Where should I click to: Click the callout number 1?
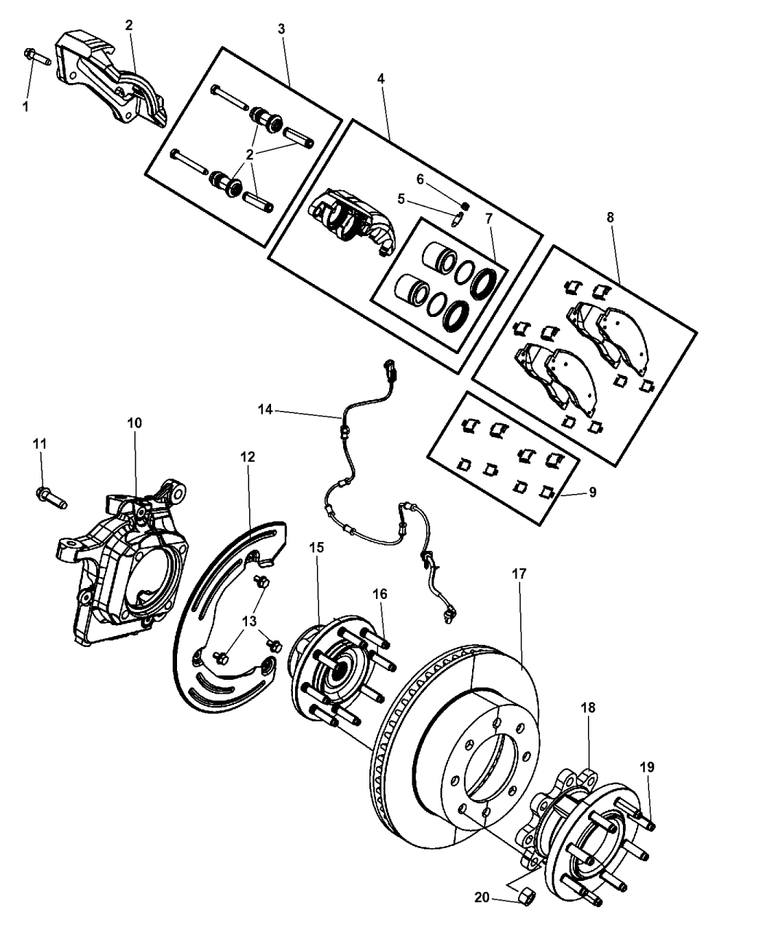26,106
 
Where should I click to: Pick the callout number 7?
489,218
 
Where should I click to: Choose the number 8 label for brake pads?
610,217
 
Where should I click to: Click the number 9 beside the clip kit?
592,493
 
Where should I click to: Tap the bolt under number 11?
50,499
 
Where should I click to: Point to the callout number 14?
265,411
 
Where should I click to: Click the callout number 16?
379,594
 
